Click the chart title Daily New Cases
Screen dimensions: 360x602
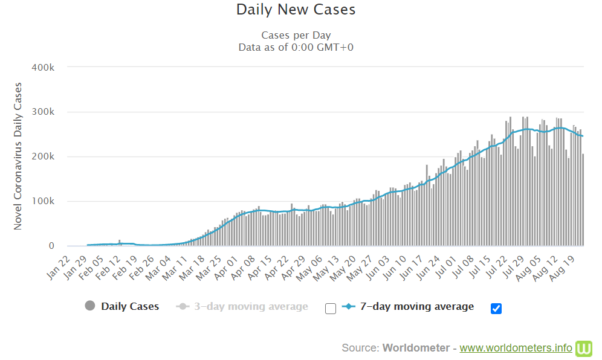[296, 10]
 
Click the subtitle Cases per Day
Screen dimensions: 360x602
[296, 35]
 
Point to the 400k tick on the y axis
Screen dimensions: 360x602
[43, 67]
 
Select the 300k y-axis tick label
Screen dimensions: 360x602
[43, 112]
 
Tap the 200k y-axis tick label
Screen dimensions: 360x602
[43, 156]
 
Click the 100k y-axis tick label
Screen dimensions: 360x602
[43, 201]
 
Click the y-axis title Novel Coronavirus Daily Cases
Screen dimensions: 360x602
[18, 156]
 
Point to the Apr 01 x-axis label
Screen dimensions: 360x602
[226, 266]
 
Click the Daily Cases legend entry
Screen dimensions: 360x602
[130, 306]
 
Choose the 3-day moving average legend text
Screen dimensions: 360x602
[250, 306]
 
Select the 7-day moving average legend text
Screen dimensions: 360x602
[416, 306]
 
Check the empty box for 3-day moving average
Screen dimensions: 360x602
[331, 309]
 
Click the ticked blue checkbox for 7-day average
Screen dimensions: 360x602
[496, 309]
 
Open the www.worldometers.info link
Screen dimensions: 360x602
[516, 348]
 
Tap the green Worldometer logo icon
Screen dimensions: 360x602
[584, 348]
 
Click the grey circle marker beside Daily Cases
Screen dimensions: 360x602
[90, 306]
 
